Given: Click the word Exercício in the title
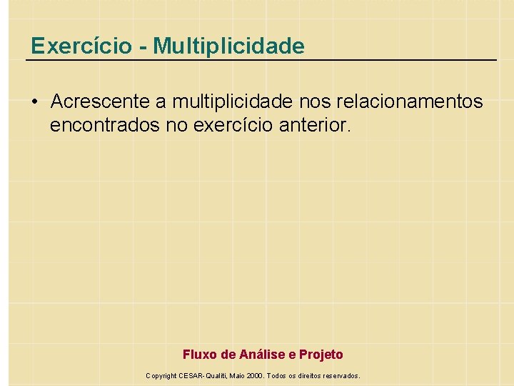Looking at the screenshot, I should point(81,46).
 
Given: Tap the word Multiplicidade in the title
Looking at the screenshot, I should point(228,46).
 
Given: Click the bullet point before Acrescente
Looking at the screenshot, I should point(35,102).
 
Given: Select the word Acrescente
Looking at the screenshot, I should point(96,102).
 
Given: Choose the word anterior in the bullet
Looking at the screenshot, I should point(313,127).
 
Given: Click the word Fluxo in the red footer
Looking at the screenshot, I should point(199,355).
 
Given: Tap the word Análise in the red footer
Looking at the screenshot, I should point(262,355).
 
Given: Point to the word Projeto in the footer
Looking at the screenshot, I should point(321,355).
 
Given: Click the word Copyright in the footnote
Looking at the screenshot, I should point(161,375).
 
